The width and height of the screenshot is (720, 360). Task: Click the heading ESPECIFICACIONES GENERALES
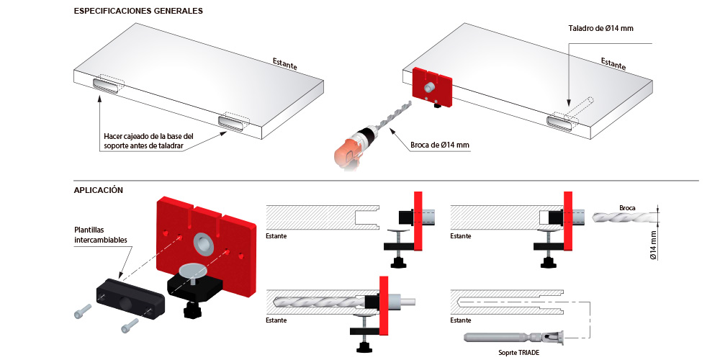[138, 11]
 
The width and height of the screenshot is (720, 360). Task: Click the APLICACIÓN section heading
[98, 190]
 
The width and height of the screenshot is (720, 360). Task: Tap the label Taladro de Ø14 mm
[600, 29]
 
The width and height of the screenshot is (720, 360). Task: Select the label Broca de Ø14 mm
[440, 145]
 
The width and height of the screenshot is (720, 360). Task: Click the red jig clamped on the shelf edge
[433, 87]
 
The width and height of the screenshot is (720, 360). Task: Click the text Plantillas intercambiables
[101, 234]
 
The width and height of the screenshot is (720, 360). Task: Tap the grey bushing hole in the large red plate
[204, 244]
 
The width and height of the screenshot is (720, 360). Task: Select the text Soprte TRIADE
[519, 353]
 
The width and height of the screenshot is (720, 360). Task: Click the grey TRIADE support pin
[513, 338]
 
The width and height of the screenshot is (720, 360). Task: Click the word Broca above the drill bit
[627, 208]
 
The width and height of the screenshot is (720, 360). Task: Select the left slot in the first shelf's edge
[106, 86]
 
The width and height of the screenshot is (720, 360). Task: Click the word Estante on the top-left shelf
[284, 64]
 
